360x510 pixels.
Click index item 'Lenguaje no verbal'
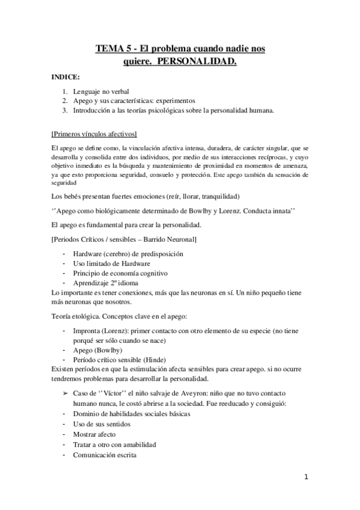pyautogui.click(x=101, y=91)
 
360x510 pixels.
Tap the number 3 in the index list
pyautogui.click(x=65, y=111)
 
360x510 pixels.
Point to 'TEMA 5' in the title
pyautogui.click(x=114, y=49)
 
